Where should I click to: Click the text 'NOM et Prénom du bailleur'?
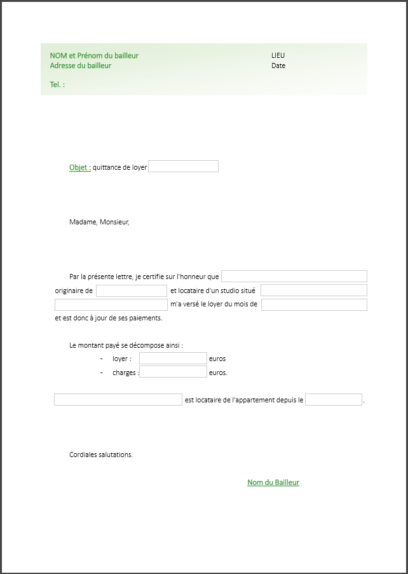(94, 56)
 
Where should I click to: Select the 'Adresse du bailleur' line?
(81, 65)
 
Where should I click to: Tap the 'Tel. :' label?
(57, 85)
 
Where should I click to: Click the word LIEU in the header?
(278, 56)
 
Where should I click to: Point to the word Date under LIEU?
(278, 65)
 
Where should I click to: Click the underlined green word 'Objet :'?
(80, 168)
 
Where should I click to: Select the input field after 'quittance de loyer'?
(183, 167)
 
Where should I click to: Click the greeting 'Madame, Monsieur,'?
(99, 222)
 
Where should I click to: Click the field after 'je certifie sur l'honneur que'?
(294, 276)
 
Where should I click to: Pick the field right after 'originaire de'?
(131, 290)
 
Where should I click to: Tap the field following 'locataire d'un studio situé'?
(313, 290)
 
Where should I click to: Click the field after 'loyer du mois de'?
(314, 304)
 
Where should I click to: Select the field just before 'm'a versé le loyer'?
(111, 304)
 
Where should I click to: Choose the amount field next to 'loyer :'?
(173, 359)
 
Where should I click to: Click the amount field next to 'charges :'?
(173, 372)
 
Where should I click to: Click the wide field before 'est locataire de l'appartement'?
(118, 400)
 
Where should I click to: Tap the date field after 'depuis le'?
(334, 400)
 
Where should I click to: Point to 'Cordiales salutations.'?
(101, 454)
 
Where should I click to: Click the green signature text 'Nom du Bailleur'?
(273, 482)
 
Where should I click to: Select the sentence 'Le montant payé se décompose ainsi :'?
(126, 346)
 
